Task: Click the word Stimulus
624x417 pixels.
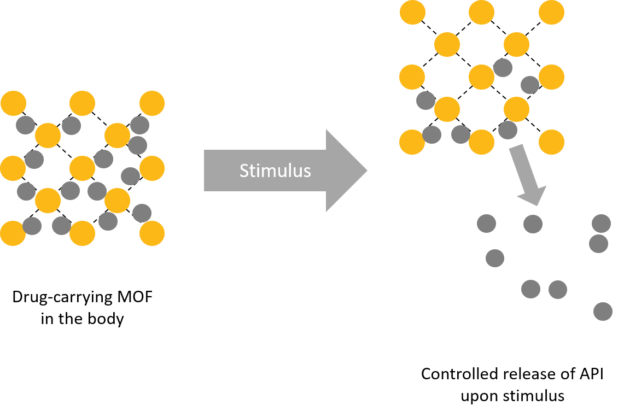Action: (275, 171)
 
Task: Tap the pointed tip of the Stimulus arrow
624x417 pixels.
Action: (365, 171)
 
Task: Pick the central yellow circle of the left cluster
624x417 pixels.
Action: (83, 168)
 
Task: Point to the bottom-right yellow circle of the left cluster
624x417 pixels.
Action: (152, 233)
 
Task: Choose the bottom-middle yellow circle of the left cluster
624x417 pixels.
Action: (83, 233)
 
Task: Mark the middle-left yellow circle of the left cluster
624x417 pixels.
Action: (12, 168)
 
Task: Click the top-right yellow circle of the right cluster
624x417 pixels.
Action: (551, 12)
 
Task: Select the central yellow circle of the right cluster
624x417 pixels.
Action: (482, 77)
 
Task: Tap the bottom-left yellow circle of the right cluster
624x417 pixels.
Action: (412, 142)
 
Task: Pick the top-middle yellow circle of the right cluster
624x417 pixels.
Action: (482, 12)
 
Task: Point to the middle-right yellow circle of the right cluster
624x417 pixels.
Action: (551, 77)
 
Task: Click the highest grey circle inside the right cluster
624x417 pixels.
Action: (503, 68)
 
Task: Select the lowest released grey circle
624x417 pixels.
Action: (603, 312)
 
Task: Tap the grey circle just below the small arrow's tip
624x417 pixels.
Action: (533, 224)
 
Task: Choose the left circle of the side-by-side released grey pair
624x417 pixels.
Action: (530, 289)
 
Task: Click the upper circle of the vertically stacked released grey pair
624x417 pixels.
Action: (601, 224)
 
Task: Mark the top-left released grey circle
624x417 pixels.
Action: (486, 224)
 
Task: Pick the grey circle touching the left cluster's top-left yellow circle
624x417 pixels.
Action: (25, 125)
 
